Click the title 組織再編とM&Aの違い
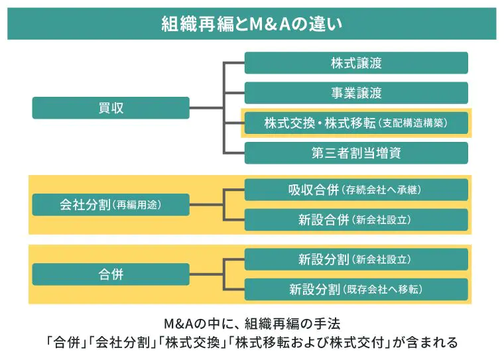[251, 24]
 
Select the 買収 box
[111, 108]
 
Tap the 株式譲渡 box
[356, 63]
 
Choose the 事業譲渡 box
[356, 93]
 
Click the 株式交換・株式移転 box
[356, 123]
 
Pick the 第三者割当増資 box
[356, 152]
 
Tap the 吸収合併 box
[356, 190]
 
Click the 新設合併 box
[356, 219]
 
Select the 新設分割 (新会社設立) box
[356, 259]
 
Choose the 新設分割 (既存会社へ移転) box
[356, 289]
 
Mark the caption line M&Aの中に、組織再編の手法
[251, 325]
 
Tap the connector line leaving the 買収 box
[206, 108]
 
